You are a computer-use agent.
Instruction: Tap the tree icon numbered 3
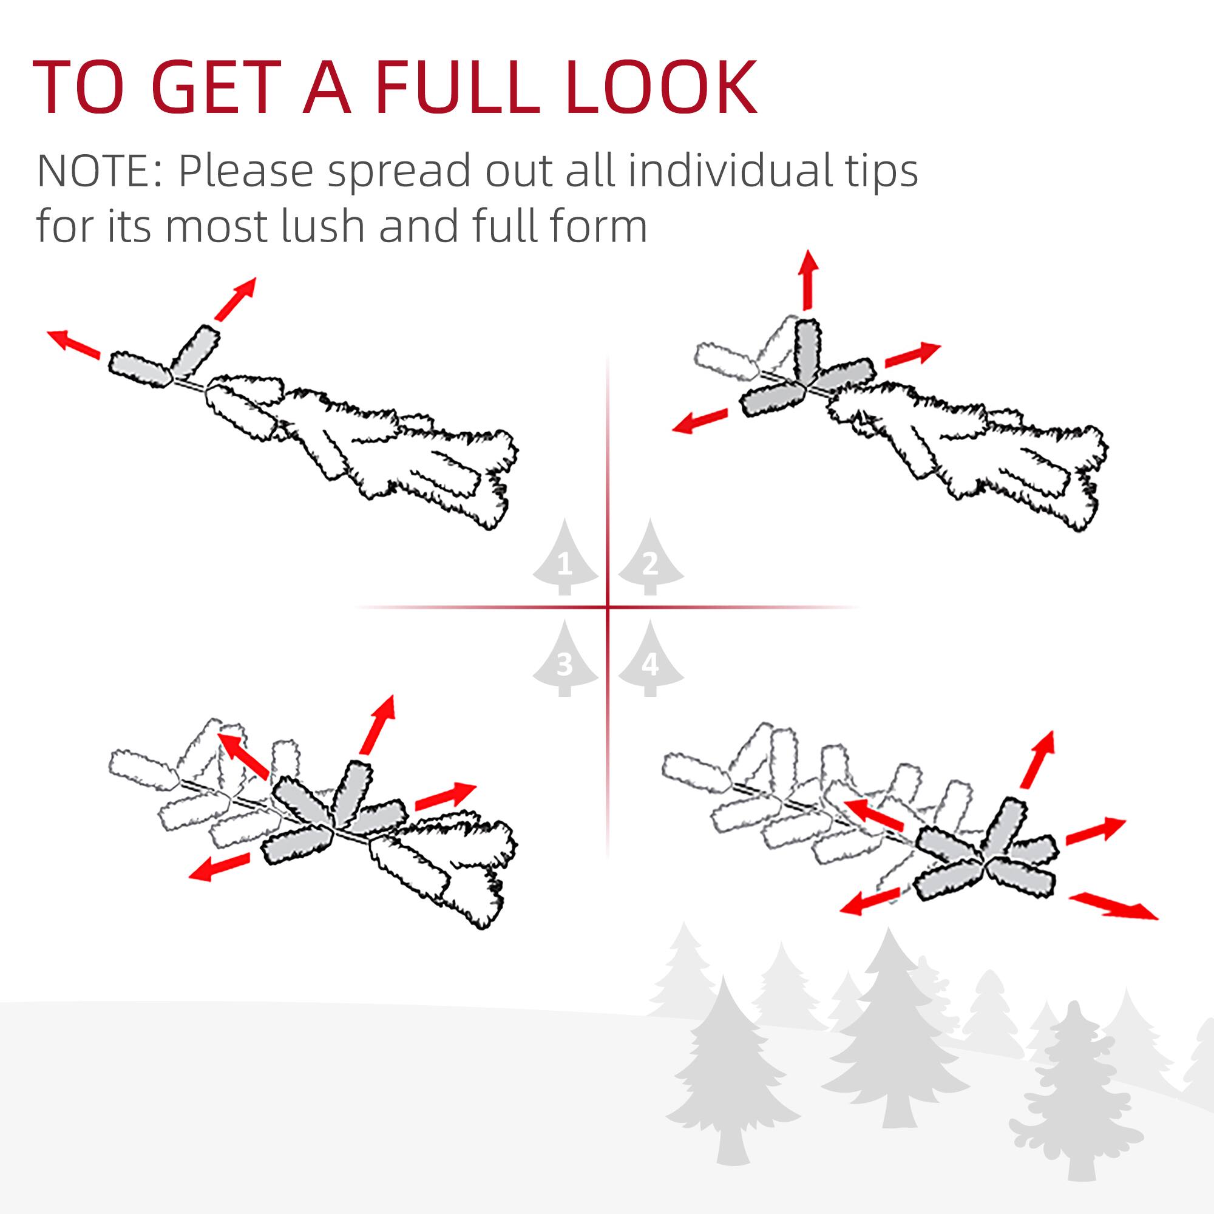pos(565,660)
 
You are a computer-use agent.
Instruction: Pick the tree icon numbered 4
pos(650,660)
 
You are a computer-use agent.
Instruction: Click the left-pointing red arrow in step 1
pos(74,344)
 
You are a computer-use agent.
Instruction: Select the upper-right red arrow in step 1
pos(236,298)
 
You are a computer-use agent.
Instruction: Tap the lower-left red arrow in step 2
pos(700,421)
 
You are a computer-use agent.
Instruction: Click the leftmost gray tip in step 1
pos(140,370)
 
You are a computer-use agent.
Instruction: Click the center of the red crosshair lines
pos(608,607)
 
